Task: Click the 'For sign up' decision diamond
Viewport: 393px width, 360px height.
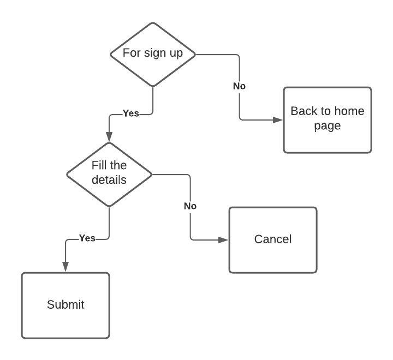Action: point(153,55)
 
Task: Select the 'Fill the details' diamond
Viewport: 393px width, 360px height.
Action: point(109,175)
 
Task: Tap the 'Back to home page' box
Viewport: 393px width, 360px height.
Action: point(327,120)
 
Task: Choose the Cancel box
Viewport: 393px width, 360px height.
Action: point(273,240)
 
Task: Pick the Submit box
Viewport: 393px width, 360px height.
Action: point(65,305)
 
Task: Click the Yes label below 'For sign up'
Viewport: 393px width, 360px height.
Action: point(131,113)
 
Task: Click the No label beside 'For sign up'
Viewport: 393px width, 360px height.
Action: point(239,86)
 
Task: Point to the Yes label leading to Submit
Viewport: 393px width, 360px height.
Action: point(87,238)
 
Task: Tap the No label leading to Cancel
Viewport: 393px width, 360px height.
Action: point(190,206)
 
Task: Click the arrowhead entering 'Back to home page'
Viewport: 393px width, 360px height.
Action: point(278,120)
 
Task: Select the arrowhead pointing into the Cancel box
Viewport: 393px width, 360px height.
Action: point(223,240)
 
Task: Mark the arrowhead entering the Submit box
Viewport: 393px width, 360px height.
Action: point(65,267)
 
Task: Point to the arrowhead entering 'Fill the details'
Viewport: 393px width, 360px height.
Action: point(109,137)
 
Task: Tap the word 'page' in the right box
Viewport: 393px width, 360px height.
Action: point(327,126)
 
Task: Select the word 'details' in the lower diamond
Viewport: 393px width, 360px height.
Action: point(109,180)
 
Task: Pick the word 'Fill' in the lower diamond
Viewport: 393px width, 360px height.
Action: point(97,165)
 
